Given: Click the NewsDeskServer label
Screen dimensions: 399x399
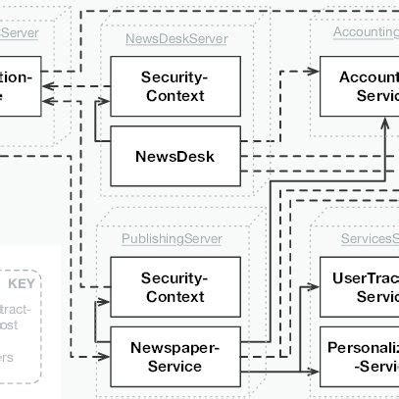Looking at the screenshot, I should (x=176, y=39).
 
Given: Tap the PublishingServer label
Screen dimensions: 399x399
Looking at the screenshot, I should (x=172, y=238).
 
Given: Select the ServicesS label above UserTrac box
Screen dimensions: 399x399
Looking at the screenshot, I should (x=369, y=238).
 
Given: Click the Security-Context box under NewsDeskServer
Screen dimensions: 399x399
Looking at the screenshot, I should (x=173, y=85).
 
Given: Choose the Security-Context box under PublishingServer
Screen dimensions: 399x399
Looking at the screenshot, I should (x=173, y=287).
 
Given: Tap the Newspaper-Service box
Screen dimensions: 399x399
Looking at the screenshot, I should (x=173, y=357).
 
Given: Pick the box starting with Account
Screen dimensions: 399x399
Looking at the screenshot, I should (x=360, y=85).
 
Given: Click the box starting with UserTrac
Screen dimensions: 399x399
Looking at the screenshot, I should (x=360, y=286).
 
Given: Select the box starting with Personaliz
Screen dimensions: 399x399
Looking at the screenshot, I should (x=360, y=356).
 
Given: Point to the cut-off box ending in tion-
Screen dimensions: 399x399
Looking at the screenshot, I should (x=20, y=85).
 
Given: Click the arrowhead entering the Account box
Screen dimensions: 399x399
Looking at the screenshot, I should (x=315, y=72).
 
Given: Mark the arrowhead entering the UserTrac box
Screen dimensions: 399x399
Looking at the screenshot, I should (x=315, y=287).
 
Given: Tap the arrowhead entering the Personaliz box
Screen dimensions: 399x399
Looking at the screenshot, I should (x=315, y=374).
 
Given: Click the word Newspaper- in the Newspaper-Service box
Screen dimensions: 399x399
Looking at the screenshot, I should (x=173, y=348).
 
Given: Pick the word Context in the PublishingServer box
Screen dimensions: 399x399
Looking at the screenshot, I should (x=173, y=296).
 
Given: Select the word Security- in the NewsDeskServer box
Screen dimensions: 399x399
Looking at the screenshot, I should (x=173, y=76).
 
